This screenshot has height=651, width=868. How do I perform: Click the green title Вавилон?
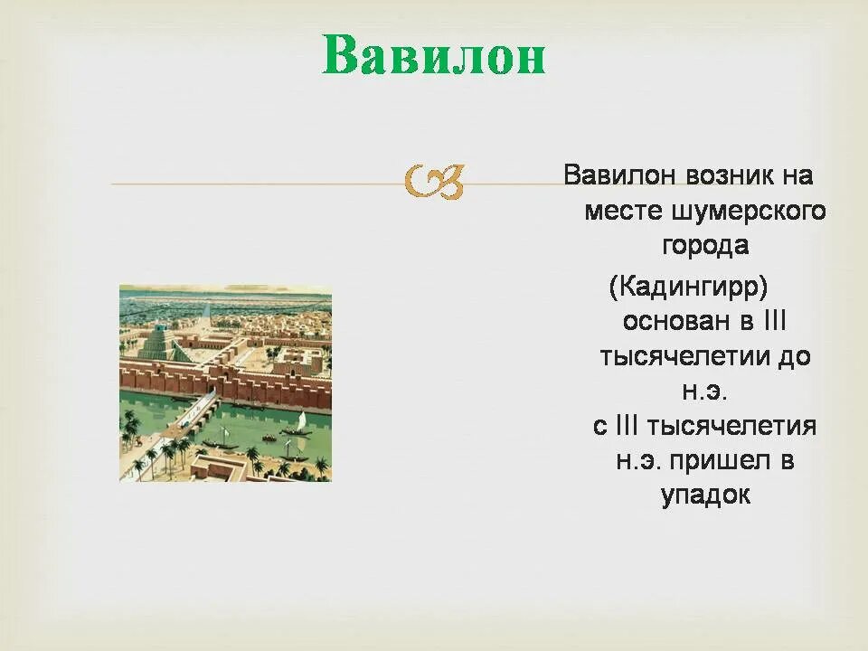[x=434, y=54]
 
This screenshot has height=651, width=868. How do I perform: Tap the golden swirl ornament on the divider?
[x=434, y=182]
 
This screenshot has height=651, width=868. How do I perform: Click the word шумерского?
[x=748, y=212]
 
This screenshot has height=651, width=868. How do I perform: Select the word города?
[x=705, y=246]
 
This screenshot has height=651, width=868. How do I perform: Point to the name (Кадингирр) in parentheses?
[x=689, y=287]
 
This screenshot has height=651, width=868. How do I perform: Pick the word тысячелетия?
[x=731, y=426]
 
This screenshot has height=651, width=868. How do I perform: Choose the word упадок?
[x=705, y=495]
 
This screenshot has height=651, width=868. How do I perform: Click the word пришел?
[x=719, y=460]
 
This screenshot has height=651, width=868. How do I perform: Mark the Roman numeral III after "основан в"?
[x=775, y=320]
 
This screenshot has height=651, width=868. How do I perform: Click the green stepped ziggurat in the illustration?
[x=161, y=342]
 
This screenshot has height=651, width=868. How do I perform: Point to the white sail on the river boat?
[x=301, y=420]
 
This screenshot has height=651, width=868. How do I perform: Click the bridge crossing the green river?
[x=195, y=408]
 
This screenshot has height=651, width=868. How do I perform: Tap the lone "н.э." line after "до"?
[x=704, y=392]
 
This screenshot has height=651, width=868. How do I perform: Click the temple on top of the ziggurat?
[x=160, y=327]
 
